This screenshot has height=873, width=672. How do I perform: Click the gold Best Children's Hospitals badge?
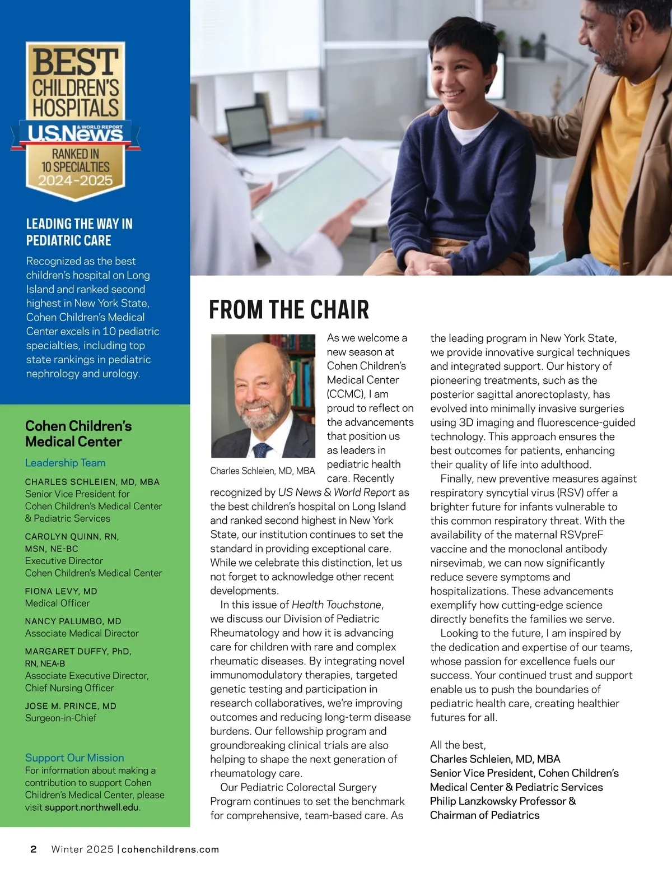(75, 120)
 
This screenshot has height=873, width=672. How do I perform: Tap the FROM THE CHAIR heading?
(289, 310)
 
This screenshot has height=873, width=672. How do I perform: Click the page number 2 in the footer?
(34, 849)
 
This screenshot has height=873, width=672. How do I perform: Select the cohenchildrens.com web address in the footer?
(170, 849)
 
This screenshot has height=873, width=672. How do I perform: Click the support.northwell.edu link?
(92, 807)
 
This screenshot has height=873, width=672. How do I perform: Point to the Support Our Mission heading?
(74, 758)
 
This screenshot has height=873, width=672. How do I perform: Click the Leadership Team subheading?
(65, 463)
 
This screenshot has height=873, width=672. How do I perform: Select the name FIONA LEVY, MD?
(61, 591)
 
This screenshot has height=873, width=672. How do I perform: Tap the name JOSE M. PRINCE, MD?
(71, 706)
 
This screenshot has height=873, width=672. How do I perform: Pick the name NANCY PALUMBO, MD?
(73, 621)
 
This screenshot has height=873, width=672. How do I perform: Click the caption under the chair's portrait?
(262, 471)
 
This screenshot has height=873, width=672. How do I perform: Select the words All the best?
(458, 745)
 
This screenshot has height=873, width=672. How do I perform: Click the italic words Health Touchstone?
(337, 605)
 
